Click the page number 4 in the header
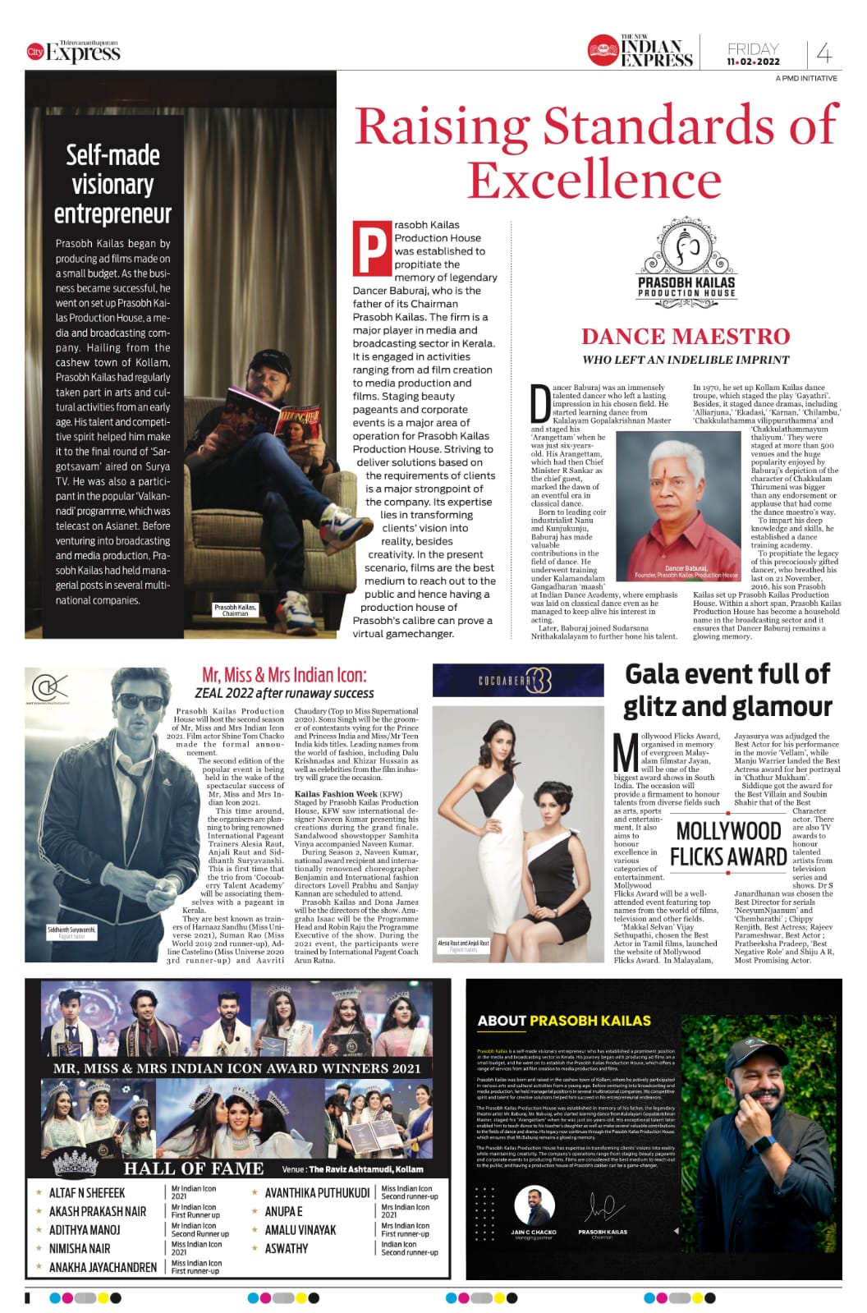[824, 54]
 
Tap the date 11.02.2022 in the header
[752, 62]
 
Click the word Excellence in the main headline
[594, 179]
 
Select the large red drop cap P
[370, 247]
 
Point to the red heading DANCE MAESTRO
[686, 336]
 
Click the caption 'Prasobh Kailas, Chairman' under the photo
[235, 609]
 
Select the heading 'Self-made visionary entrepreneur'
[112, 184]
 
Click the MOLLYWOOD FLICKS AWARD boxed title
[728, 843]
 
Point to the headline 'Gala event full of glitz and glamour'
[727, 690]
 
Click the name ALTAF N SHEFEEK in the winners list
[87, 1192]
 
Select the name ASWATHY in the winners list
[287, 1248]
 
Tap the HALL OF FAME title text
[194, 1168]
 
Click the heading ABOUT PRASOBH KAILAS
[564, 1021]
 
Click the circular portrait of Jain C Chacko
[534, 1207]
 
